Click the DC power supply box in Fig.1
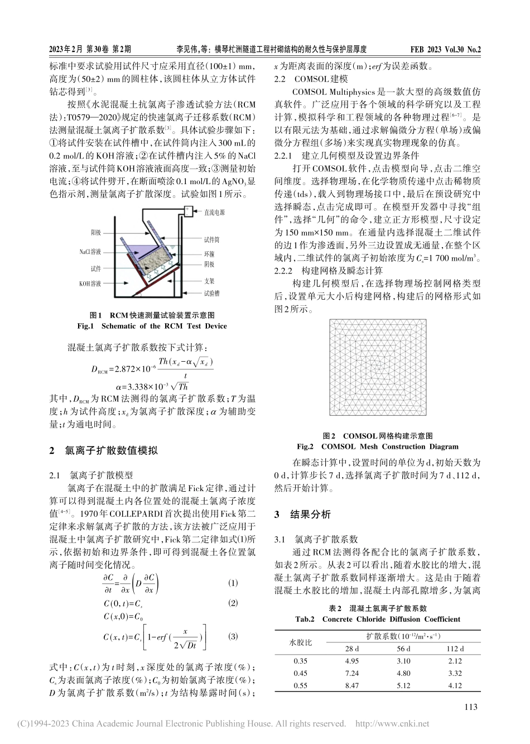pyautogui.click(x=189, y=210)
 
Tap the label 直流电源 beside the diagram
pyautogui.click(x=214, y=213)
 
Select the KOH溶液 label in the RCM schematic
pyautogui.click(x=90, y=284)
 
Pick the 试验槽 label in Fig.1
pyautogui.click(x=211, y=292)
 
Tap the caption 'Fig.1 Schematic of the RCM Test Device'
pyautogui.click(x=153, y=326)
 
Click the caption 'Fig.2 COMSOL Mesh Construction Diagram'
pyautogui.click(x=377, y=447)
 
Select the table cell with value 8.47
pyautogui.click(x=352, y=685)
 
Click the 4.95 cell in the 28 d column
pyautogui.click(x=352, y=661)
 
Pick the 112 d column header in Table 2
pyautogui.click(x=455, y=649)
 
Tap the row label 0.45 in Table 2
pyautogui.click(x=300, y=673)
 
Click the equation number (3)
pyautogui.click(x=233, y=636)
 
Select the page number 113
pyautogui.click(x=470, y=707)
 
